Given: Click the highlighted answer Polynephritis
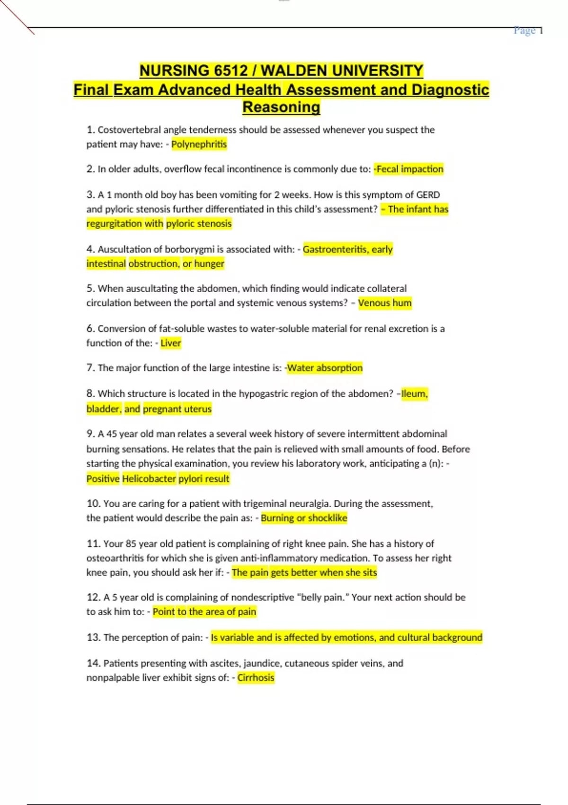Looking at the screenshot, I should (199, 144).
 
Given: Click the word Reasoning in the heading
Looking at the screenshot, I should (281, 107).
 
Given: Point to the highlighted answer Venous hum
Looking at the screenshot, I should (385, 303).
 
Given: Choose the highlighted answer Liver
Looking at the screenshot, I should (171, 343).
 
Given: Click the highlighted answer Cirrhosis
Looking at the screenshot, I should (256, 678).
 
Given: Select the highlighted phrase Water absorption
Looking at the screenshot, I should (325, 368).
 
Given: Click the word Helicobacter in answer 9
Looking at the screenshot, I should (149, 479).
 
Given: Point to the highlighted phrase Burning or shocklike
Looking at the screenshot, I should (304, 518).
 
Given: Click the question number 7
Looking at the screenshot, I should (90, 368).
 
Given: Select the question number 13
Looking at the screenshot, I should (93, 637).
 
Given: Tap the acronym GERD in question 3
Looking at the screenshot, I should (428, 195).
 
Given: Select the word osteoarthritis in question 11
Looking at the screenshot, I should (115, 558).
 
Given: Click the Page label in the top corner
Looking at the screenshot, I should (524, 31).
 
